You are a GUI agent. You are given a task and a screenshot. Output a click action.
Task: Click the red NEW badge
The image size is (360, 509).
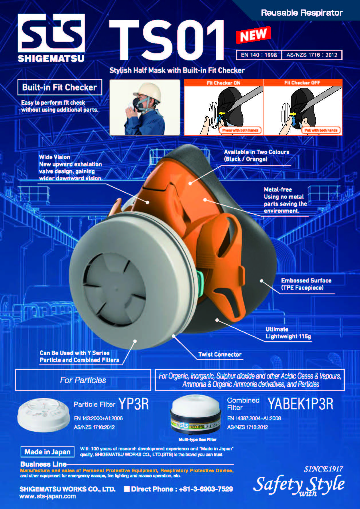pos(253,35)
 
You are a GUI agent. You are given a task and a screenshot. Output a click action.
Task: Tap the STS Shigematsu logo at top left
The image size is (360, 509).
pos(51,38)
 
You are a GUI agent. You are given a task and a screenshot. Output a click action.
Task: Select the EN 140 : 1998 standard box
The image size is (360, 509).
pos(259,55)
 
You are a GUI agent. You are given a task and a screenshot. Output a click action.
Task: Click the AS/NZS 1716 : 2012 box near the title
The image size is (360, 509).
pos(312,55)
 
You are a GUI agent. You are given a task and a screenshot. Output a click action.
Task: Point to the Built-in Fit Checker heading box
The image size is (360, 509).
pos(60,87)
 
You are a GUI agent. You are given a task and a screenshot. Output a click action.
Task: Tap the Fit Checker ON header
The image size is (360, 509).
pos(223,83)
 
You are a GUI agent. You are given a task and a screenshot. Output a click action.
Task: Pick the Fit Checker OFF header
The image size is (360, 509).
pos(302,83)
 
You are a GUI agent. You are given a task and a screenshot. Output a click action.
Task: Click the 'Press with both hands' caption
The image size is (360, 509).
pos(240,130)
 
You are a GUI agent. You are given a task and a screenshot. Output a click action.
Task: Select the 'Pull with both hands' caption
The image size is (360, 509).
pos(321,130)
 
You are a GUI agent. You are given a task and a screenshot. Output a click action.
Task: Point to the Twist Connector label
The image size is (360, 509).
pos(220,354)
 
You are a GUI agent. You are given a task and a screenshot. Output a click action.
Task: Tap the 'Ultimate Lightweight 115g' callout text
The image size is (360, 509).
pos(288,333)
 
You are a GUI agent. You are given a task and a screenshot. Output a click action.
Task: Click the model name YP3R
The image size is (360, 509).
pos(134,404)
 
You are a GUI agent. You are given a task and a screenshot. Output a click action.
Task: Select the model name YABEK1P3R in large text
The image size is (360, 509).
pos(301,404)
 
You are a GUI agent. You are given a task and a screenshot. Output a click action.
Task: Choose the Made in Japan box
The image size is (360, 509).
pos(48,452)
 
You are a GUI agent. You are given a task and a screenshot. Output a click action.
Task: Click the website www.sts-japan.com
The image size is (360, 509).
pos(48,496)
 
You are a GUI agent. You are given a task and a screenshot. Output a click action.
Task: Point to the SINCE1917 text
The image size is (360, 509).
pos(323,469)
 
